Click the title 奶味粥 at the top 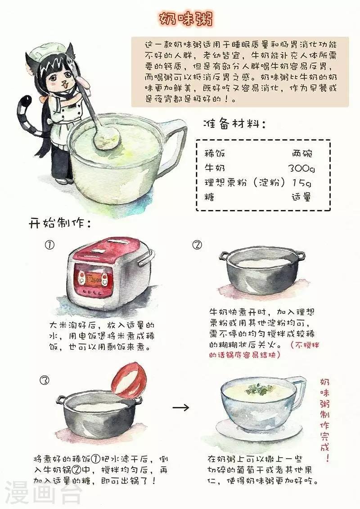186,19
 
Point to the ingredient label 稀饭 215,153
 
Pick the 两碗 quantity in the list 302,153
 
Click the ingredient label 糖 210,196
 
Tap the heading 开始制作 60,223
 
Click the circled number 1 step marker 49,245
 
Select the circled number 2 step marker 197,245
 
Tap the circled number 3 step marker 45,380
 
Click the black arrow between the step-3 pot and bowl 180,407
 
